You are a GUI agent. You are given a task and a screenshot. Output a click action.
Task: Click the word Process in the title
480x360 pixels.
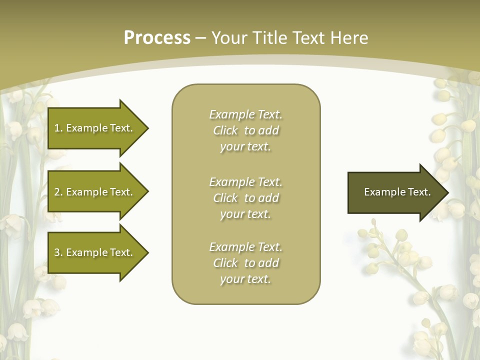click(x=157, y=38)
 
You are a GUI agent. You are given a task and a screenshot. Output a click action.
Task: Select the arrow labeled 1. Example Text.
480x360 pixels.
click(x=95, y=128)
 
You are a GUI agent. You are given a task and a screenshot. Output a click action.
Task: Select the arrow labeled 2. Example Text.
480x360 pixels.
click(x=95, y=192)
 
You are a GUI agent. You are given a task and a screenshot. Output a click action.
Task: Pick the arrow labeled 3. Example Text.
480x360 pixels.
click(x=95, y=252)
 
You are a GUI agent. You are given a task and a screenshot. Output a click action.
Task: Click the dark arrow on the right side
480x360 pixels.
click(x=395, y=192)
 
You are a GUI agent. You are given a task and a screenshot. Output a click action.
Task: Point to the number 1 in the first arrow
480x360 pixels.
click(x=57, y=128)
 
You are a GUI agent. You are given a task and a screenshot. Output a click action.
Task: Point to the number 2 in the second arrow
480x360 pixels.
click(x=57, y=192)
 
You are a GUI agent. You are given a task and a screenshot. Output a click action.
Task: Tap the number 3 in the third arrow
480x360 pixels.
click(x=57, y=252)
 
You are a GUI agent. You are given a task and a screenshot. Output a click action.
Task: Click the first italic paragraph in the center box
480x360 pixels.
click(x=245, y=130)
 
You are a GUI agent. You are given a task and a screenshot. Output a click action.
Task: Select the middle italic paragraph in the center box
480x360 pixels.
click(x=245, y=198)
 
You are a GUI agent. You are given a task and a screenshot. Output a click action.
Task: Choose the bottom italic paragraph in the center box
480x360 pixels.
click(x=245, y=263)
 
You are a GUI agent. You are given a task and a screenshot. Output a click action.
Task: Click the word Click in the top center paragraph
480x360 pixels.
click(x=225, y=130)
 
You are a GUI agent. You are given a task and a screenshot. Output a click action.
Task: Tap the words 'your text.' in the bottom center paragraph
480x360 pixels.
click(x=245, y=279)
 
